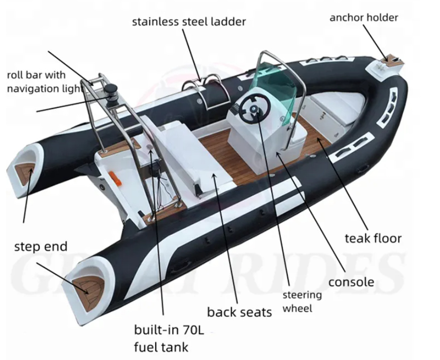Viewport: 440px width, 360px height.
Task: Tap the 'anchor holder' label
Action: coord(364,18)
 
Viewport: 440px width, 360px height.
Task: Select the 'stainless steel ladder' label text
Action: coord(189,22)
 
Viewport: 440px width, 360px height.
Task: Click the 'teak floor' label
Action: coord(373,237)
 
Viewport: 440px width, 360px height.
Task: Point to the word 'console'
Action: coord(351,282)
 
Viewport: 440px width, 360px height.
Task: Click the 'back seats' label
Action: coord(240,312)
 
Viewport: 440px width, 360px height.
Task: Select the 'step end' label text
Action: coord(41,247)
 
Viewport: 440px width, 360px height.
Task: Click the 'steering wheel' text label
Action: coord(301,301)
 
